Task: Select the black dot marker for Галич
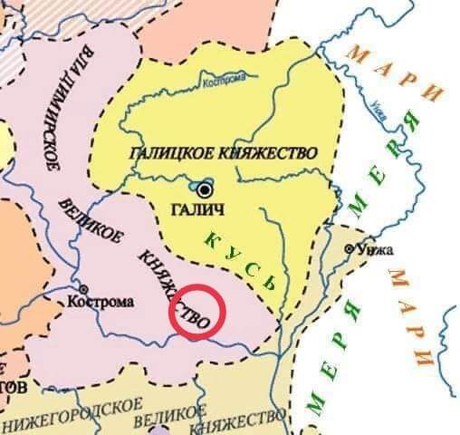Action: pyautogui.click(x=206, y=188)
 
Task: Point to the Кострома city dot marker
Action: pyautogui.click(x=83, y=289)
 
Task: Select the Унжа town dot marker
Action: pyautogui.click(x=349, y=247)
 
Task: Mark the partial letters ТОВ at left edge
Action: pyautogui.click(x=13, y=388)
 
